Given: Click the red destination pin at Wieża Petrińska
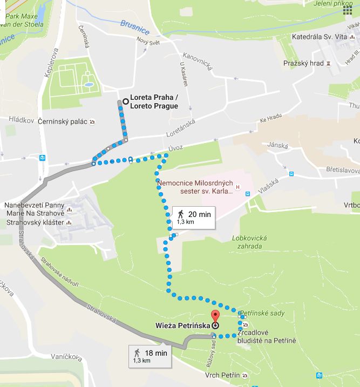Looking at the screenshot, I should coord(215,317).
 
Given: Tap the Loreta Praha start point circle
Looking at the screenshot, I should coord(125,100).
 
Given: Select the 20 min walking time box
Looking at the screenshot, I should coord(193,217).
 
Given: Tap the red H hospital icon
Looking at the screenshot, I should coord(246,193).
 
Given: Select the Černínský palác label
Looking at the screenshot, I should coord(63,122).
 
